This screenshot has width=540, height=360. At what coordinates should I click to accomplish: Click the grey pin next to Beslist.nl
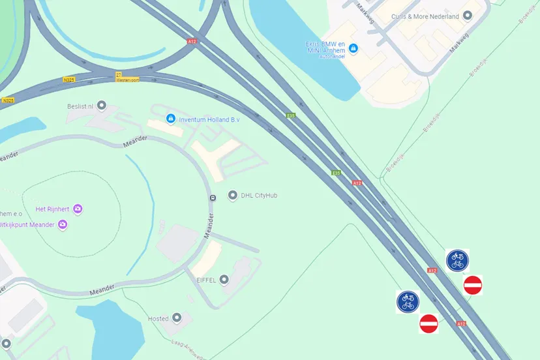pos(101,106)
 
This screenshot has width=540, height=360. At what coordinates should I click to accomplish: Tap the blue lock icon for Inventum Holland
pos(171,119)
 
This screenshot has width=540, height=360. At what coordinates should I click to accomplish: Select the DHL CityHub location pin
pos(233,195)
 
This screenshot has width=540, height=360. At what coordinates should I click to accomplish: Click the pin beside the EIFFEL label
pos(224,279)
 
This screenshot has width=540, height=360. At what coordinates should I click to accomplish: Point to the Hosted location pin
pos(177,318)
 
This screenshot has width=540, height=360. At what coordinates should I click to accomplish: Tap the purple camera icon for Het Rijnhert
pos(78,209)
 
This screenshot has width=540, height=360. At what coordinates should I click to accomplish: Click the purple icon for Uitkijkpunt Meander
pos(63,224)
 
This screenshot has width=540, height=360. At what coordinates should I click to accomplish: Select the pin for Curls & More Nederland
pos(467,16)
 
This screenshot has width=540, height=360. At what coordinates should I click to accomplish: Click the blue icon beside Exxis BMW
pos(353,48)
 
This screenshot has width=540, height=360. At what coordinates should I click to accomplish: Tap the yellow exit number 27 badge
pos(119,74)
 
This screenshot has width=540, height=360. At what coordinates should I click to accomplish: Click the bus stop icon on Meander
pos(212,197)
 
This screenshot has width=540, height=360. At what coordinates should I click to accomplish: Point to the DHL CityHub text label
pos(260,195)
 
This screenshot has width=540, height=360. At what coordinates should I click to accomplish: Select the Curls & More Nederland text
pos(425,16)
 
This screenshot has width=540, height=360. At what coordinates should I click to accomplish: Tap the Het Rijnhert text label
pos(53,209)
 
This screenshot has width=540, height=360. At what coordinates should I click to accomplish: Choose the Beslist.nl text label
pos(81,106)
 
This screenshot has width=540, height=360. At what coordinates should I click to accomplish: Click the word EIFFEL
pos(207,279)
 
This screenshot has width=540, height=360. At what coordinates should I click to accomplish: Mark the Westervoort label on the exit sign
pos(127,80)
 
